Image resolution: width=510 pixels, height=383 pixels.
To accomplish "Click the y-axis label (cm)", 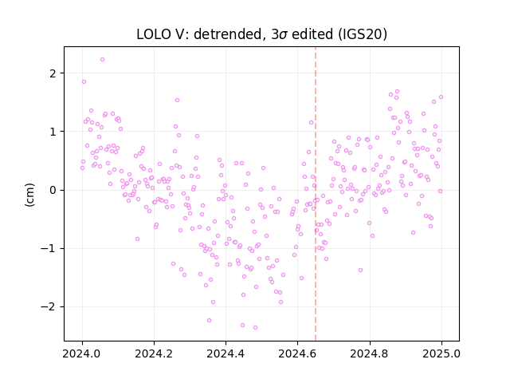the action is click(29, 195).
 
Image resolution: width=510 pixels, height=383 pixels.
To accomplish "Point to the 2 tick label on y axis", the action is click(53, 73).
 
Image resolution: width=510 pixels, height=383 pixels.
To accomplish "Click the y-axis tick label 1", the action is click(53, 132).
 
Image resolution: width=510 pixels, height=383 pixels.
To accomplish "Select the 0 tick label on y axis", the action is click(53, 190).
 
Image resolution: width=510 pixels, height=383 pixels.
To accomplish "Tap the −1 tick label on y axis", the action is click(48, 248).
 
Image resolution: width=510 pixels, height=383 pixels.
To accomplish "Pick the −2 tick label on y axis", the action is click(48, 306).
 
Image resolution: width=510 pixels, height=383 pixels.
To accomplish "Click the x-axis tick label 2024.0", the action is click(82, 353).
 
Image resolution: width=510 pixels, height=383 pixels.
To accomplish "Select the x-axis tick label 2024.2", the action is click(154, 353).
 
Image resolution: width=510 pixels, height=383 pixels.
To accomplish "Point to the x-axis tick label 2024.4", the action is click(226, 353).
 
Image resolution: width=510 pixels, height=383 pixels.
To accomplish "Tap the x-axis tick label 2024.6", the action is click(297, 353).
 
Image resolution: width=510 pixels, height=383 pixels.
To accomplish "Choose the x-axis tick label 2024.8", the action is click(370, 353).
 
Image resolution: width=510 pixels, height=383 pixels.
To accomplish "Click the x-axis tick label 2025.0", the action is click(441, 353).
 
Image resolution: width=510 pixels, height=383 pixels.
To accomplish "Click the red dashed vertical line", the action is click(316, 194).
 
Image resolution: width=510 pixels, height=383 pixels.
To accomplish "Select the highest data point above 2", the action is click(103, 60).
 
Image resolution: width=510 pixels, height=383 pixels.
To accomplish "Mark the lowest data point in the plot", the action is click(255, 327).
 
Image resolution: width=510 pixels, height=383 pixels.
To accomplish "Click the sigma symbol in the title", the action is click(283, 35).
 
